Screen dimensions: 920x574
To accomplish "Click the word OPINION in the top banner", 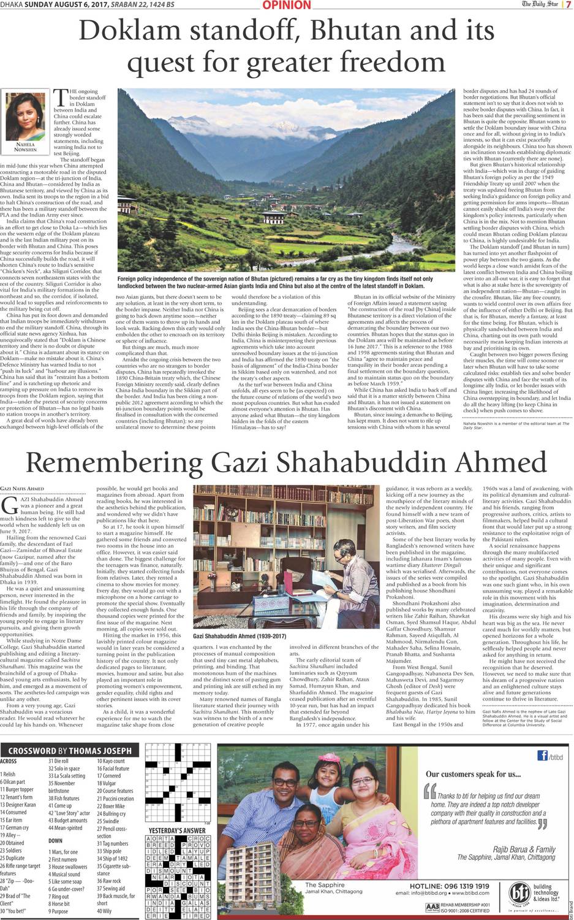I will pos(287,6).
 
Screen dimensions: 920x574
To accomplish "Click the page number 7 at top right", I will pos(568,5).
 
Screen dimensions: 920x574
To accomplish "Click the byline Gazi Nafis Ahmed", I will pos(23,488).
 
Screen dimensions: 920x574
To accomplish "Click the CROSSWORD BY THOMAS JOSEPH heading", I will pos(70,750).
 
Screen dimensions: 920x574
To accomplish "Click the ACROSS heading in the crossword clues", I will pos(9,761).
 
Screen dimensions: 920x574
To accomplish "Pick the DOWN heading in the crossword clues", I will pos(55,840).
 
